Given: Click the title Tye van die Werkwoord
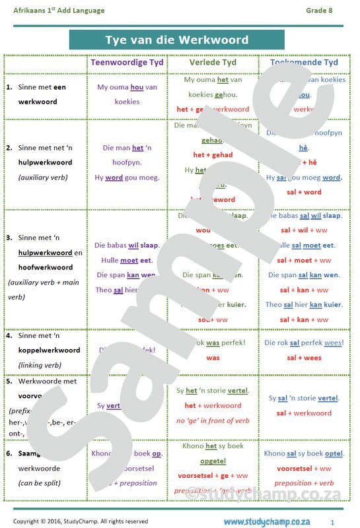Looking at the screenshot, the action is point(176,40).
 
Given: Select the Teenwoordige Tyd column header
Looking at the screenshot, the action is point(126,63).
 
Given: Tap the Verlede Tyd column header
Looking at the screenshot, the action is point(213,63).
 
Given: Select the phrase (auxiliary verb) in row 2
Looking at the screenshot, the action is point(44,178).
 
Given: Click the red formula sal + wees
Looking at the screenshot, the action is point(304,358).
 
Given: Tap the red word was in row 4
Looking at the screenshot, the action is point(213,358).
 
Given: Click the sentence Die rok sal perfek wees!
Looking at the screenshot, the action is point(304,343).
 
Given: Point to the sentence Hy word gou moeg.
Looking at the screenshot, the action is point(127,178).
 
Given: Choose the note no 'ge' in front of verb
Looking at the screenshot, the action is point(213,420).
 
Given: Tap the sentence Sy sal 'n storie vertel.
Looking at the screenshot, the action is point(304,399).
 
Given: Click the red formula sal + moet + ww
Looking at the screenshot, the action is point(304,260).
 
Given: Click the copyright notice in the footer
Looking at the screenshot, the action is point(81,522).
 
